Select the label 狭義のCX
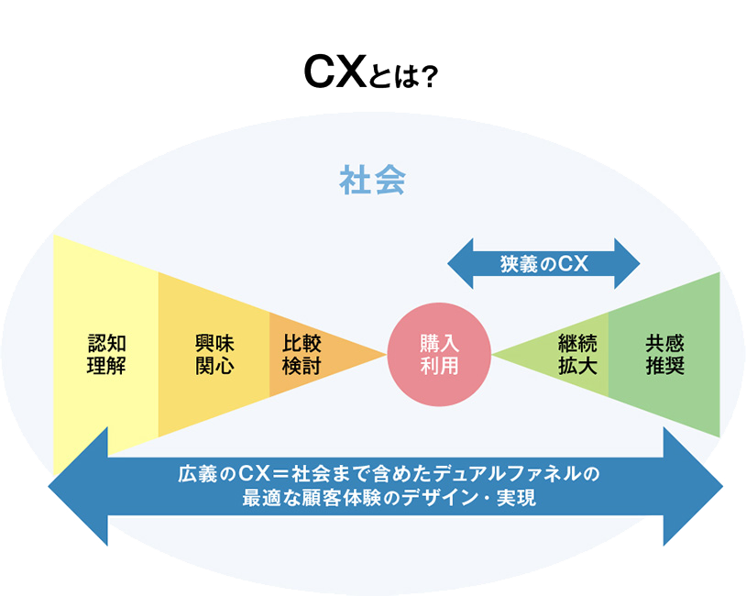pos(543,264)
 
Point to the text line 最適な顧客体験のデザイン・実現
pos(385,500)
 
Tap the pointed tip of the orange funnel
pos(383,354)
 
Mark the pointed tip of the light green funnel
pos(496,354)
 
